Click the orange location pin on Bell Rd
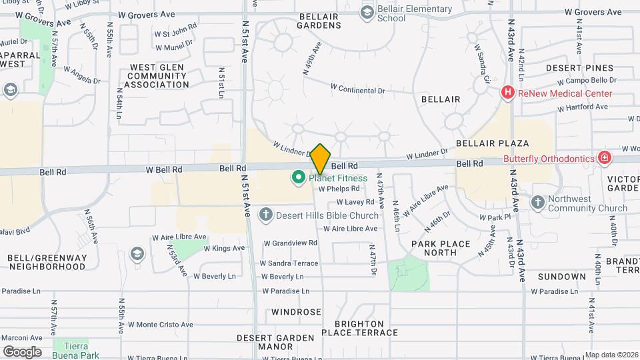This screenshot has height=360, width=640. coord(320,159)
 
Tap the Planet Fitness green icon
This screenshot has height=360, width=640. coord(297,178)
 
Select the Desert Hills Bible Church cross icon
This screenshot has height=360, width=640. coord(265,215)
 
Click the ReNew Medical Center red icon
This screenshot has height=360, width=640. coord(508,93)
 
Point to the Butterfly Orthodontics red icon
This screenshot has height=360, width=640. coord(604,158)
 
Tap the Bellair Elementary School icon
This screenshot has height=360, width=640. coord(367,12)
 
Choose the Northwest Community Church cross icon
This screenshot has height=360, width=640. coord(538,202)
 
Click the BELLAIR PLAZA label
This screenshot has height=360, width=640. coord(492,143)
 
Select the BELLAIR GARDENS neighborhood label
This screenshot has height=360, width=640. coord(320,21)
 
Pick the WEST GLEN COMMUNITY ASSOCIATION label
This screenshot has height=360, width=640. coord(159,76)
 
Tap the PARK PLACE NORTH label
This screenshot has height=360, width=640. coord(440,248)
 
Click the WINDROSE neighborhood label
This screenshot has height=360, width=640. coord(296,312)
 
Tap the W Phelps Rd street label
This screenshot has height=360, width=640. coord(339,189)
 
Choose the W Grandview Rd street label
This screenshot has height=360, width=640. coord(290,243)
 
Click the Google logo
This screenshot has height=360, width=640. coord(22,351)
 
